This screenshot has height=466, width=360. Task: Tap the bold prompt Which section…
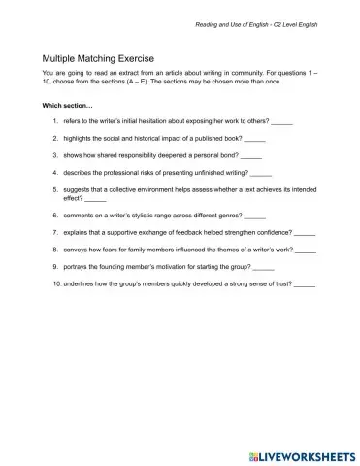coord(69,104)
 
